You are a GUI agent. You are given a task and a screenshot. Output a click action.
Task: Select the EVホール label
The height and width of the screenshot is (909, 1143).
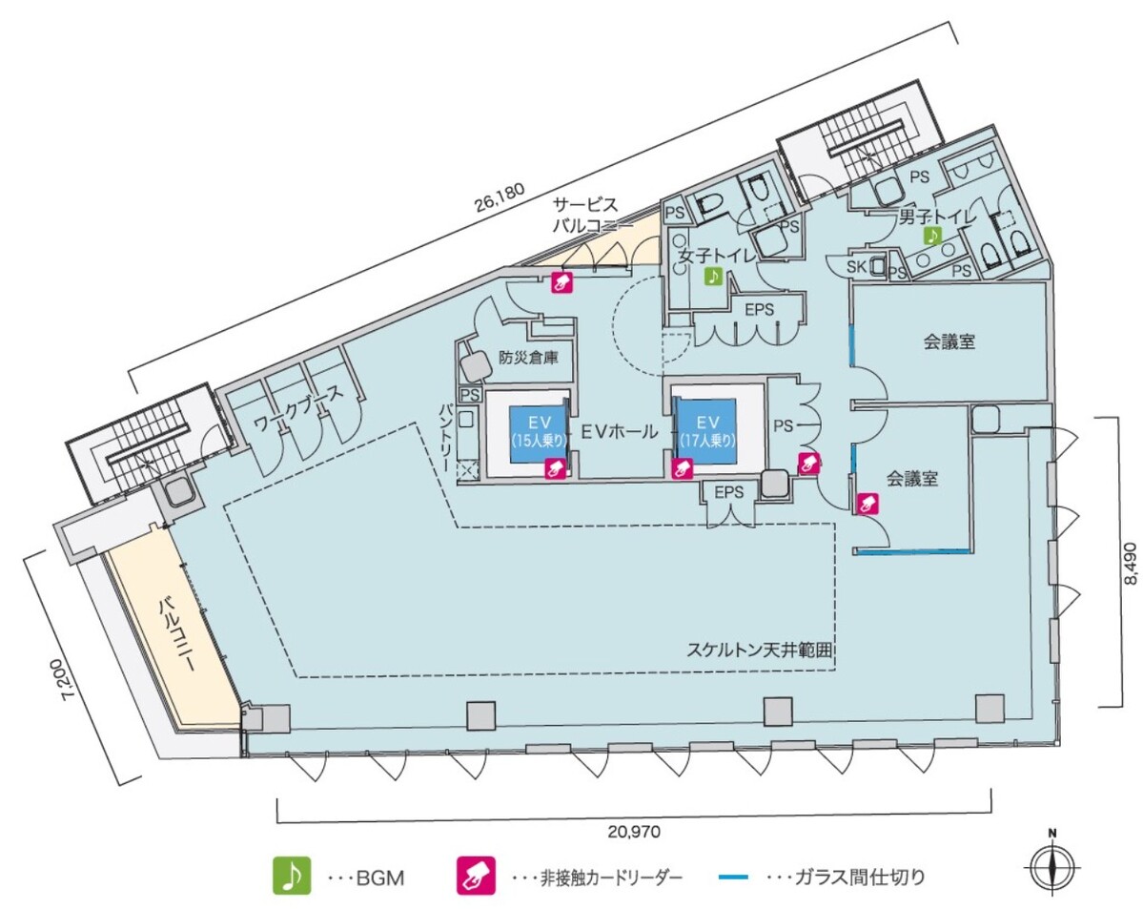pos(620,431)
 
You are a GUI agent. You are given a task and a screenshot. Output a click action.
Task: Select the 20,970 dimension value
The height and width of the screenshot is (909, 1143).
pos(633,831)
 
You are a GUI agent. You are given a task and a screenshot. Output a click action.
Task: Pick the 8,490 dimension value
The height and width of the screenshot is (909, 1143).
pos(1130,564)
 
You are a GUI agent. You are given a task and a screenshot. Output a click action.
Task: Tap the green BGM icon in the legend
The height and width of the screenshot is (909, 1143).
pos(292,876)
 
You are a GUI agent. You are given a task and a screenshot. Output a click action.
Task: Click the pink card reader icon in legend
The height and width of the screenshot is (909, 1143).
pos(478,876)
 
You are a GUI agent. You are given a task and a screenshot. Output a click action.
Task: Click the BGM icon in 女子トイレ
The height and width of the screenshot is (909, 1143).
pos(712,277)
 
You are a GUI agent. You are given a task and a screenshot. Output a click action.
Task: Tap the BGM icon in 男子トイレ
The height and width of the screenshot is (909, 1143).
pos(931,236)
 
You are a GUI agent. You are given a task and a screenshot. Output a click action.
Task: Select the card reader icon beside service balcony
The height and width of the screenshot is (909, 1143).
pos(561,281)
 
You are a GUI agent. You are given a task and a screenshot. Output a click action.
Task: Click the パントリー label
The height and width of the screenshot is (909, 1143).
pos(447,436)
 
